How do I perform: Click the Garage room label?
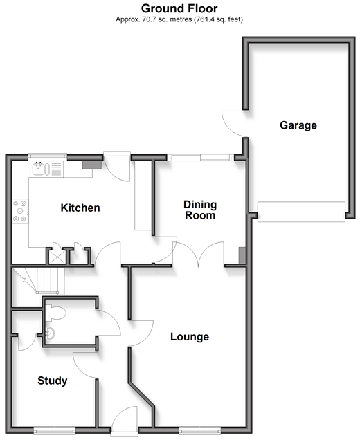(x=298, y=125)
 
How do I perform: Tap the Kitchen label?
(x=80, y=208)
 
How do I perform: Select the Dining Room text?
(x=200, y=210)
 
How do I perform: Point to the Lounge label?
(x=190, y=336)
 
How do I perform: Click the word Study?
(x=53, y=381)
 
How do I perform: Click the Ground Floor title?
(x=179, y=8)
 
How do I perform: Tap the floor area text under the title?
(x=179, y=19)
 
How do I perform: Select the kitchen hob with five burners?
(x=20, y=211)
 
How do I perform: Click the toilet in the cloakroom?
(x=55, y=313)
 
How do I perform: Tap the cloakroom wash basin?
(x=49, y=333)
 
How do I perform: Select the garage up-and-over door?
(x=301, y=212)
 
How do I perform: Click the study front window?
(x=55, y=431)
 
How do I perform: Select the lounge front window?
(x=199, y=431)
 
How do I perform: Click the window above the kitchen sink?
(x=48, y=157)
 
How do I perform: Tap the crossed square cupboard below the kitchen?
(x=57, y=257)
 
